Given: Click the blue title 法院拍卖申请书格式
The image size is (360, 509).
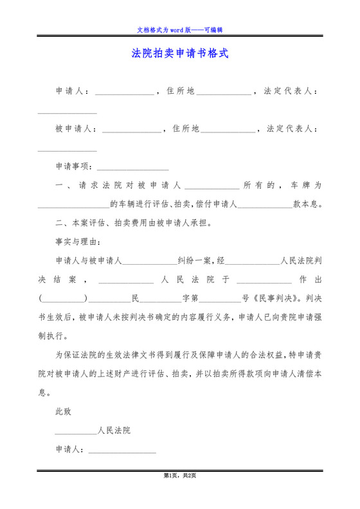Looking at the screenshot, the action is click(x=180, y=53).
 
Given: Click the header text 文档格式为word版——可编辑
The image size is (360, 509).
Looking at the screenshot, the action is click(x=180, y=30).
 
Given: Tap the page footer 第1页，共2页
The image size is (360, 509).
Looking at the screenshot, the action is click(x=180, y=476).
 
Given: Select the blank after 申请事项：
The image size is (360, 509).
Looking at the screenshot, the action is click(x=132, y=166).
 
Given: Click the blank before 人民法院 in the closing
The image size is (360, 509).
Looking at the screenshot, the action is click(x=76, y=431).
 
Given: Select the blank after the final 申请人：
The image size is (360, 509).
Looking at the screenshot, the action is click(x=122, y=450).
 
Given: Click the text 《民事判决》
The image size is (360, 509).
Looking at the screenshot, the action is click(x=276, y=298).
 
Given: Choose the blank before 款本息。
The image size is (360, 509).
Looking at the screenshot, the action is click(x=265, y=204).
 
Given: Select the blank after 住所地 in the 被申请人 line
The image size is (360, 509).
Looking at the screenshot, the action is click(x=228, y=129).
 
